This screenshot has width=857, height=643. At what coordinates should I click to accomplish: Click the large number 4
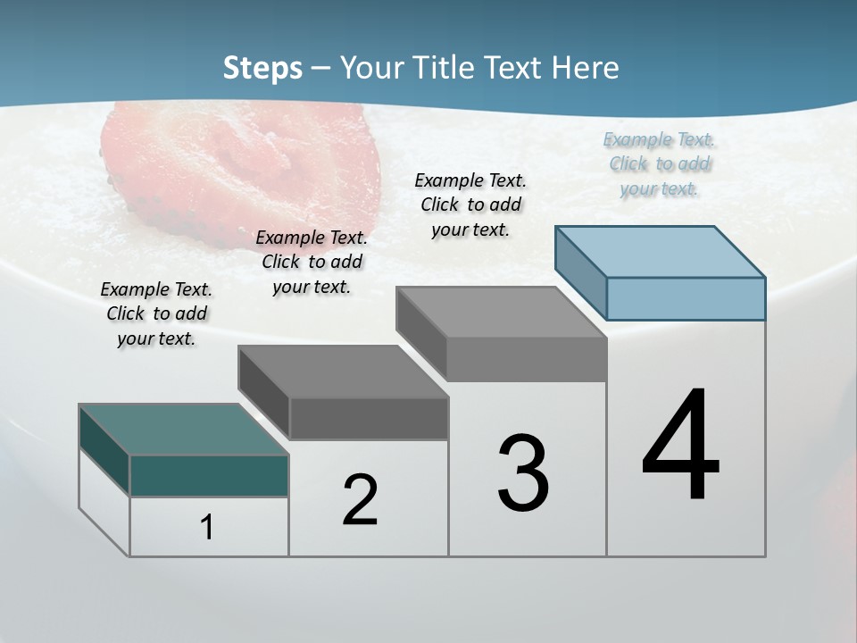(680, 446)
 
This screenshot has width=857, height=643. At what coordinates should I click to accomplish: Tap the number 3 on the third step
(523, 473)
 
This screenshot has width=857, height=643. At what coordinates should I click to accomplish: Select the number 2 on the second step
(360, 500)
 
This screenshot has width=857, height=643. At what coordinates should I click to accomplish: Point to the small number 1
(206, 527)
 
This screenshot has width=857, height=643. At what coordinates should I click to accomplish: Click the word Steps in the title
(262, 68)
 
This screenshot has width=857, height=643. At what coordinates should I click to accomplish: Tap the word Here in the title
(585, 68)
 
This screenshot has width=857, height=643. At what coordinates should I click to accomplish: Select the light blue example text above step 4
(659, 164)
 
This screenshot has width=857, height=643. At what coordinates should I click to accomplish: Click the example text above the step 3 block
(470, 205)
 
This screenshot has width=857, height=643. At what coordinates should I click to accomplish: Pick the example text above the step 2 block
(312, 262)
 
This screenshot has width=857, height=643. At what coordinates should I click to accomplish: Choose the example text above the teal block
(156, 313)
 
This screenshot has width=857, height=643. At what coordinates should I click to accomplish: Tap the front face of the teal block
(209, 475)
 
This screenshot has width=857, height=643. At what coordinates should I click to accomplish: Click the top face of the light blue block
(661, 251)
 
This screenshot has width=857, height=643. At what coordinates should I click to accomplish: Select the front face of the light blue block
(686, 298)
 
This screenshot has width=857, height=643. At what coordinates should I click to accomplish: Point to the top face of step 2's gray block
(343, 371)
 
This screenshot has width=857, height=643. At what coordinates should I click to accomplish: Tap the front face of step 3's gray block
(527, 359)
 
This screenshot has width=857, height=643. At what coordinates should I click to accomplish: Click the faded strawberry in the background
(241, 165)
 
